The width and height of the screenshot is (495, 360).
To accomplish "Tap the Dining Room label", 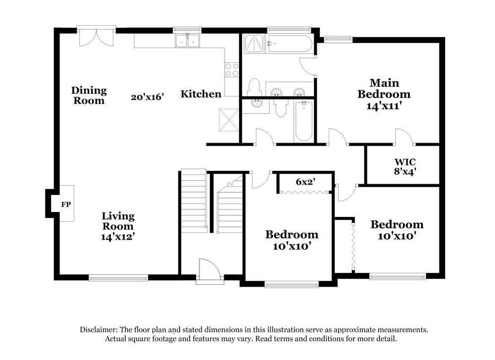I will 89,95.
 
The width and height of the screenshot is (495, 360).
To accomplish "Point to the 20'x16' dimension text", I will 148,97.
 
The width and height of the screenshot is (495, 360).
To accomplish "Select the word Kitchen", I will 200,94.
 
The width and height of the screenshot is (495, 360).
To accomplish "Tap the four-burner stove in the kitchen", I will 232,70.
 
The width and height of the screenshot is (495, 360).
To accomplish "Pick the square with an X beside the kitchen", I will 228,119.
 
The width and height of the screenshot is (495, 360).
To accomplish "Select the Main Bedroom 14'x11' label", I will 384,94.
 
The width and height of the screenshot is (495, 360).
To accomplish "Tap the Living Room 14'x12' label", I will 118,226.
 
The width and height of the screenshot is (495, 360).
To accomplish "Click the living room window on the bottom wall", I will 118,278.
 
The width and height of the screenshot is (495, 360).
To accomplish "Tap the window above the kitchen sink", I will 187,29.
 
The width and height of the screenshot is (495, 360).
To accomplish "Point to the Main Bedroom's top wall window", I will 338,38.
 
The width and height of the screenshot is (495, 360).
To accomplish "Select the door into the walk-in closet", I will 403,137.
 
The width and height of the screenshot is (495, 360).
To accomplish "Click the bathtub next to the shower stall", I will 290,45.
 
